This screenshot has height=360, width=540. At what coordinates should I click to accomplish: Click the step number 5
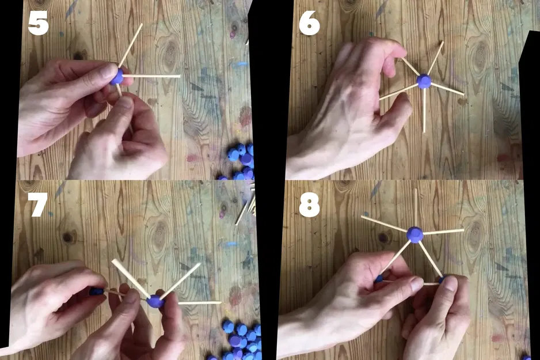(38, 24)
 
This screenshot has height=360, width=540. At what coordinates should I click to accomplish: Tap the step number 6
(309, 24)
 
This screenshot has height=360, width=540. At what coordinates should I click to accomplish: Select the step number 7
(37, 204)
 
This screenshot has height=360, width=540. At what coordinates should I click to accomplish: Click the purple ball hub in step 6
(424, 81)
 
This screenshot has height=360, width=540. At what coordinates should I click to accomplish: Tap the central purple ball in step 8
(414, 234)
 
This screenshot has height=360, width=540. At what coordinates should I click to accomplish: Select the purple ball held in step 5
(117, 77)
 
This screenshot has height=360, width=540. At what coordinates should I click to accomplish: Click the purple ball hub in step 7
(155, 301)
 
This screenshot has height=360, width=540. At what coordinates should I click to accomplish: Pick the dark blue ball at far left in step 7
(97, 291)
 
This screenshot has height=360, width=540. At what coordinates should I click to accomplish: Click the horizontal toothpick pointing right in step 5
(151, 76)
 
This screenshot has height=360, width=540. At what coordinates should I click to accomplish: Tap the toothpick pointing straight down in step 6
(424, 110)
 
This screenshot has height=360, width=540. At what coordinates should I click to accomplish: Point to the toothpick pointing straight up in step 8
(416, 207)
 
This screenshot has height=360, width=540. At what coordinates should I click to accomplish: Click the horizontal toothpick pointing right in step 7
(200, 303)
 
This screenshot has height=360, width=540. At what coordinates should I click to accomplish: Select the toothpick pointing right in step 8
(443, 232)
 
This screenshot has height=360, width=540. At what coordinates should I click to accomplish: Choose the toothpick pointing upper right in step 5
(131, 46)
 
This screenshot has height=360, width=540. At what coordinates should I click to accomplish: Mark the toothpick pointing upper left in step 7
(131, 278)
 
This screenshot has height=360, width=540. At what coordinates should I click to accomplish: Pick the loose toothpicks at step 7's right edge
(246, 207)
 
